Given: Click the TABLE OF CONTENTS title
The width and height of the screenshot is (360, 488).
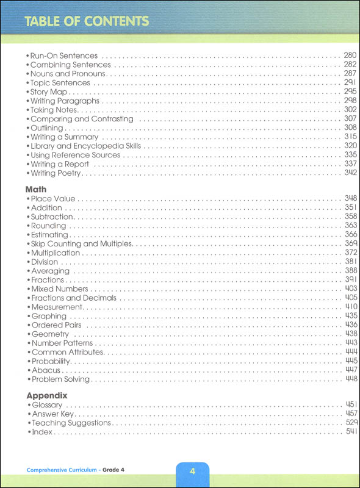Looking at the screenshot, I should point(87,21).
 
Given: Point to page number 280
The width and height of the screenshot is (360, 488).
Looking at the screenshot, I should point(350,56).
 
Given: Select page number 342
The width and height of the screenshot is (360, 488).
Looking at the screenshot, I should point(350,173).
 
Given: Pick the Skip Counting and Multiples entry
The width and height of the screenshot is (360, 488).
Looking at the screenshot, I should point(82,244).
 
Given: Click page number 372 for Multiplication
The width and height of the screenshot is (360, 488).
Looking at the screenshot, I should point(350,253).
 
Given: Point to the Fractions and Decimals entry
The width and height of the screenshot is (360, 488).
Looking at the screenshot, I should point(73,298).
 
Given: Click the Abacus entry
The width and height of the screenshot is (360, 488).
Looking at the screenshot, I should point(46,370).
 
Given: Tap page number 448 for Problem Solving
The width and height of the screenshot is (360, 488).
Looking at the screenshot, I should point(350,379).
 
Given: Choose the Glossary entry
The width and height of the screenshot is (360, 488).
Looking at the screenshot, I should point(47,405).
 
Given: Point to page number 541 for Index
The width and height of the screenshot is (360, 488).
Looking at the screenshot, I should point(350,432).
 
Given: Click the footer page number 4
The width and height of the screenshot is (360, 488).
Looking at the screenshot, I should point(192,472).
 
